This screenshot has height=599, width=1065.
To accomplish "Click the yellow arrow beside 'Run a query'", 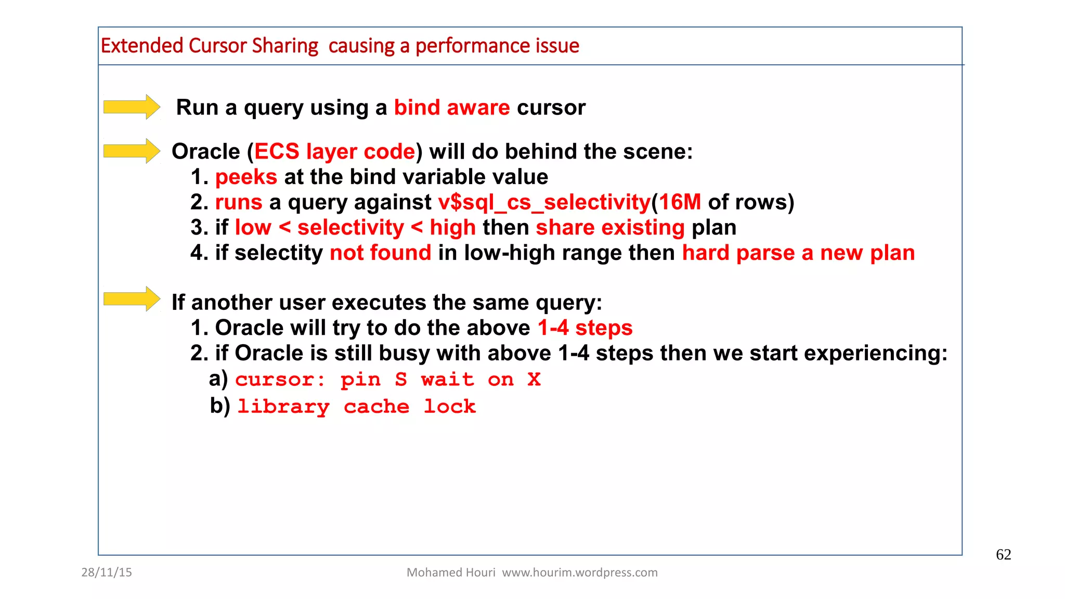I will click(x=132, y=107).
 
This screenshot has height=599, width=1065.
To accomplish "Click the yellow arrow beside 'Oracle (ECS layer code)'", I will click(x=132, y=151).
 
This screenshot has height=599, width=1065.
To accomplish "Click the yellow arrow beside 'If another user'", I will click(x=132, y=299).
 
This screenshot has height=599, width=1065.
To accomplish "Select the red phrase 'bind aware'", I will click(x=451, y=108).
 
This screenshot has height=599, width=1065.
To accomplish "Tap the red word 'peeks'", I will click(x=246, y=177).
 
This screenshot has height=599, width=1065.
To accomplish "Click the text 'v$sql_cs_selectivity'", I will click(x=544, y=202).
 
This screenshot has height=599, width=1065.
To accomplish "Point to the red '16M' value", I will click(x=680, y=202).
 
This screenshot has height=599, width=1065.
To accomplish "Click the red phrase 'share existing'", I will click(x=610, y=228).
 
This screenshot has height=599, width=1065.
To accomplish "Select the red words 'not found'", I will click(x=380, y=253).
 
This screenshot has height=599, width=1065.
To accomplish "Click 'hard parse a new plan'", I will click(x=798, y=253).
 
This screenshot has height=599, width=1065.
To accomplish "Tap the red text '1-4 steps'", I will click(x=585, y=328).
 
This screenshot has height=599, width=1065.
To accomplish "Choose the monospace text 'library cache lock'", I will click(x=356, y=407).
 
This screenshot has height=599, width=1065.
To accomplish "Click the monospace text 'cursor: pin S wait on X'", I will click(x=387, y=380).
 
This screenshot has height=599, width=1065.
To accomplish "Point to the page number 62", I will click(x=1003, y=555).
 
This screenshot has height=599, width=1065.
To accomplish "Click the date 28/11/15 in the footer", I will click(x=107, y=572).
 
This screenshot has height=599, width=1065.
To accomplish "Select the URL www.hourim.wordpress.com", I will click(x=579, y=572).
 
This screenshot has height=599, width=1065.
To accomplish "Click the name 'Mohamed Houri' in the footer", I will click(x=450, y=572).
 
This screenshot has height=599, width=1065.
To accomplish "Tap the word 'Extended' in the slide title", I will click(x=142, y=46).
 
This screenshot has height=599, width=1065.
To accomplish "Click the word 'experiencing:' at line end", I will click(x=876, y=354).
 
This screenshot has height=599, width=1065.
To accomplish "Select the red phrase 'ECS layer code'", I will click(x=334, y=152).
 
